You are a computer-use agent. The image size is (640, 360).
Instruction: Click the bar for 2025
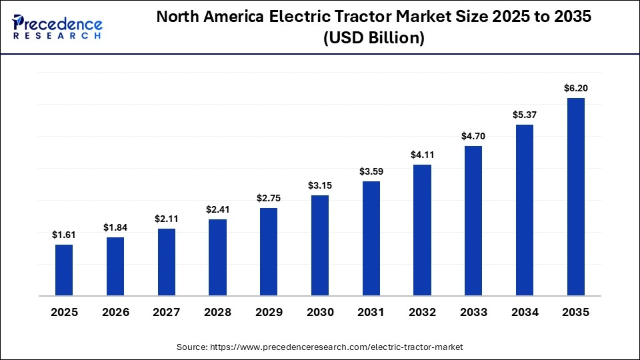pyautogui.click(x=64, y=270)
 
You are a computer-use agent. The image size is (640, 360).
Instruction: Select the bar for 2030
pyautogui.click(x=320, y=245)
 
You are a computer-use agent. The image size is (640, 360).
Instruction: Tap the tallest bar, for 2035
pyautogui.click(x=575, y=197)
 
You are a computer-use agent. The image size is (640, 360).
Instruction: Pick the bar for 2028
pyautogui.click(x=217, y=257)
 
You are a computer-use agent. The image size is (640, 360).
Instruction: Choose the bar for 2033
pyautogui.click(x=473, y=221)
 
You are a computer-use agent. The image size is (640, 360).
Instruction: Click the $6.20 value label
pyautogui.click(x=575, y=88)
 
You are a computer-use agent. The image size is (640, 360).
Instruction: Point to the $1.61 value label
pyautogui.click(x=64, y=235)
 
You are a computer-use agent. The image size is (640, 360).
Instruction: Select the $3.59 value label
pyautogui.click(x=371, y=171)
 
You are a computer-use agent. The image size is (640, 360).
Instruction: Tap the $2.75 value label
pyautogui.click(x=269, y=198)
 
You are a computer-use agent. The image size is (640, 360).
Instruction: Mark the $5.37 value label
pyautogui.click(x=525, y=115)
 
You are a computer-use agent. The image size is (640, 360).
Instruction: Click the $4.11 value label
pyautogui.click(x=422, y=155)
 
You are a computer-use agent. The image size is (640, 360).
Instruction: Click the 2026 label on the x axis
pyautogui.click(x=115, y=312)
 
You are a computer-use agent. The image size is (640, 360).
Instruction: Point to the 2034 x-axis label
pyautogui.click(x=525, y=312)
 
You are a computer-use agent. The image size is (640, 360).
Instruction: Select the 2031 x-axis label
pyautogui.click(x=371, y=312)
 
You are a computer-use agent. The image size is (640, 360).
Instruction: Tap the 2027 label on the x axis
pyautogui.click(x=166, y=312)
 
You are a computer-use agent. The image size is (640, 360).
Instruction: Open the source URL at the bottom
pyautogui.click(x=319, y=347)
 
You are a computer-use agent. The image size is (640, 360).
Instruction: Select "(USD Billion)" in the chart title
pyautogui.click(x=373, y=39)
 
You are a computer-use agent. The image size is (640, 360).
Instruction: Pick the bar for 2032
pyautogui.click(x=422, y=230)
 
